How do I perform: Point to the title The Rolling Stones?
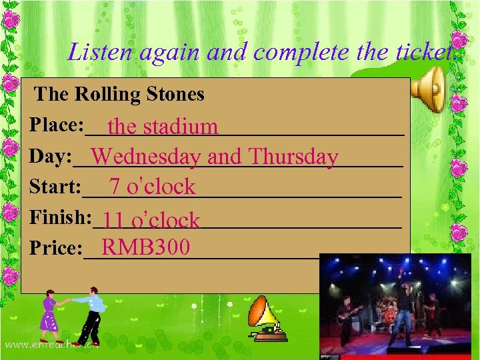(119, 94)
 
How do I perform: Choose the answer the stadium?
(163, 126)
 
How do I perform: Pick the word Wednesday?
(147, 157)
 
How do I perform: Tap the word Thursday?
(293, 157)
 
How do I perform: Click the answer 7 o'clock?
(153, 187)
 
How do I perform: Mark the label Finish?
(60, 217)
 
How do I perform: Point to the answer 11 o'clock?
(152, 220)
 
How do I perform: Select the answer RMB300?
(146, 247)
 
